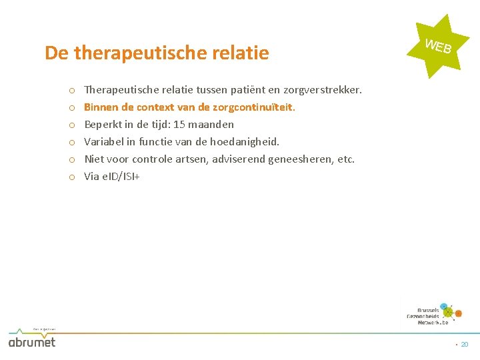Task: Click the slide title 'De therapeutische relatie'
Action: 157,53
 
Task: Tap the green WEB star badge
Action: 438,46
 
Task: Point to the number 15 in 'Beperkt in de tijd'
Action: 179,124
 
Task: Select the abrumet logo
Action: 32,341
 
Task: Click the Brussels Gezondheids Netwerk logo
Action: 434,313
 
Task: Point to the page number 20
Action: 465,345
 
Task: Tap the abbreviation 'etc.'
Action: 346,159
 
